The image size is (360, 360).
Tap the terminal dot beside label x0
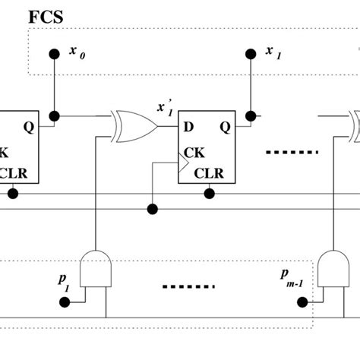[54, 54]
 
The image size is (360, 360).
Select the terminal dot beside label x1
[250, 54]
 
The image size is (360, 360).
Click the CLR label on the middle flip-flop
[209, 172]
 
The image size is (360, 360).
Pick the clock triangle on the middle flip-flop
[183, 160]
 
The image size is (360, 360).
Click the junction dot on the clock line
[153, 207]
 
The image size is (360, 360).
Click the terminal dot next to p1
[65, 302]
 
